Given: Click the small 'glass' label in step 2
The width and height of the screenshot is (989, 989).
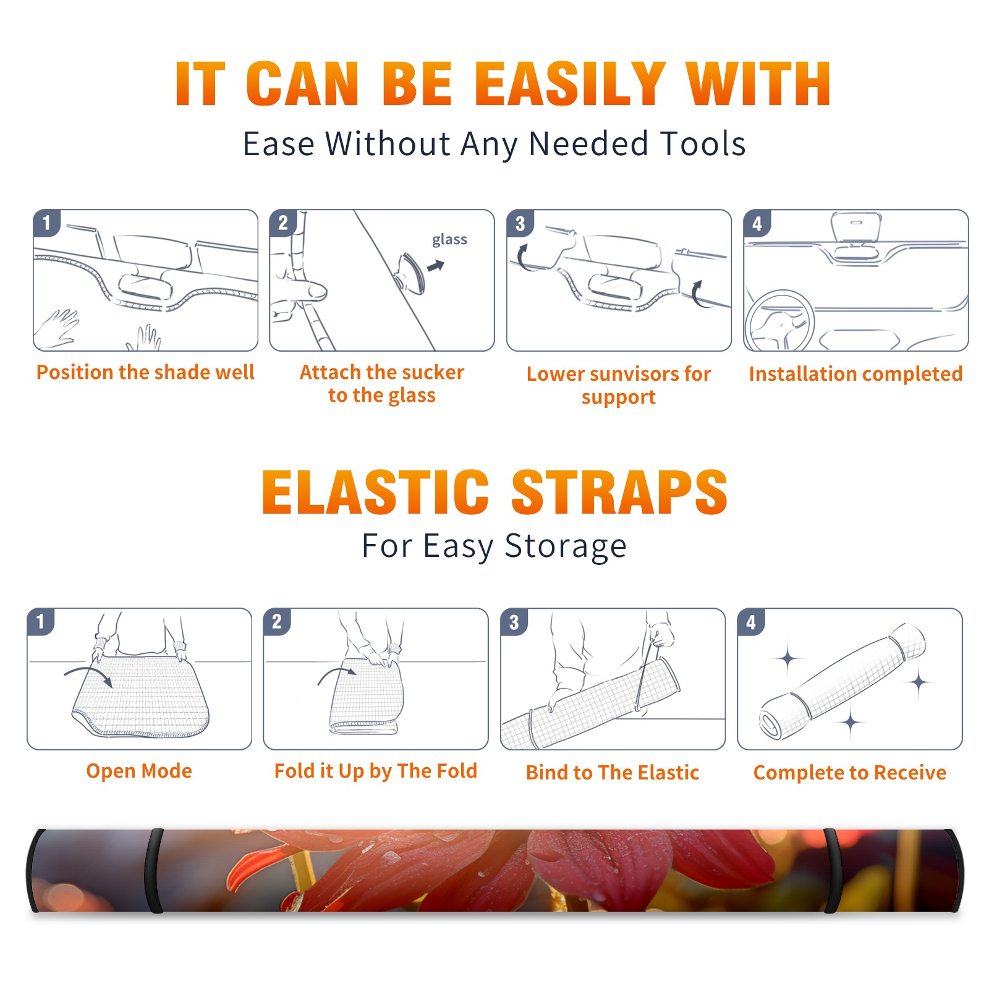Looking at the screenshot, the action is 449,240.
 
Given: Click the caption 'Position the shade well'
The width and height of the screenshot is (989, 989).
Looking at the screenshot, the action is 145,372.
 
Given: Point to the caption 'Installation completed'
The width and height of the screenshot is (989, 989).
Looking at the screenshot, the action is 855,373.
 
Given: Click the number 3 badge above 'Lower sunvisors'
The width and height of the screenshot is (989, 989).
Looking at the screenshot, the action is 520,223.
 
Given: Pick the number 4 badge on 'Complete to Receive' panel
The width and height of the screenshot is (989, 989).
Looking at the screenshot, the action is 750,622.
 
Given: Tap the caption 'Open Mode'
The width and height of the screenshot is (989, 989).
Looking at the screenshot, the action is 139,771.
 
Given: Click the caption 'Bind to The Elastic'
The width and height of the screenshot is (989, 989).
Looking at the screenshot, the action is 613,772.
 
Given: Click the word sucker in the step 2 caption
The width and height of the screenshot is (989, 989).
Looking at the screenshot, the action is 432,372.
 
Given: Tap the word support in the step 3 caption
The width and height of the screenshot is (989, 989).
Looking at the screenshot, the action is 618,397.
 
